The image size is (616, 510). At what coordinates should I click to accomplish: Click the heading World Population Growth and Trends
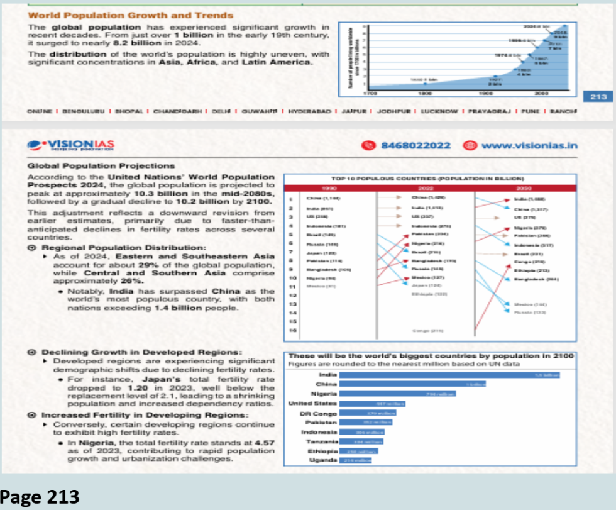click(x=131, y=15)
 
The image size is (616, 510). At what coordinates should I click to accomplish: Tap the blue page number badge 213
click(x=598, y=96)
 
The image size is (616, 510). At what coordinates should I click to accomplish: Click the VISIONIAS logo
click(x=70, y=146)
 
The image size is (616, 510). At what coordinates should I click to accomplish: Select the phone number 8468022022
click(x=415, y=145)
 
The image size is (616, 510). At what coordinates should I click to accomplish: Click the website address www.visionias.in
click(x=529, y=145)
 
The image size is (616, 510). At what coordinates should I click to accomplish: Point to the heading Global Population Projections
click(x=101, y=166)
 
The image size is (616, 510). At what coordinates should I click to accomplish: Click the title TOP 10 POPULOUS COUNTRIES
click(x=428, y=179)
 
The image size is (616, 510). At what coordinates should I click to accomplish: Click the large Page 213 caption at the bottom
click(x=41, y=496)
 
